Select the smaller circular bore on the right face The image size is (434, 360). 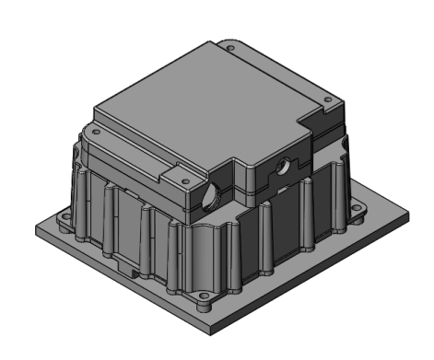pos(282,168)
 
